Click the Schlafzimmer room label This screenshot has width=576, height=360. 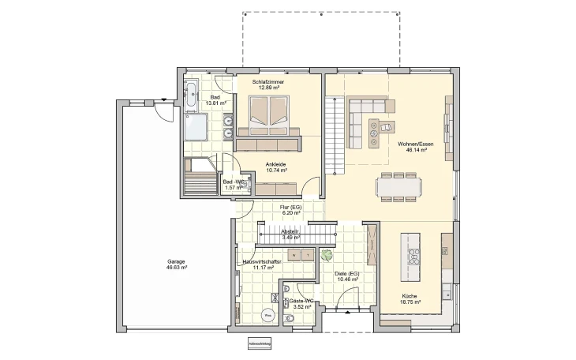(x=268, y=82)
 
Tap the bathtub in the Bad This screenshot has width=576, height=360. (x=193, y=96)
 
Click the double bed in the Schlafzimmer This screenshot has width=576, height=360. (x=269, y=113)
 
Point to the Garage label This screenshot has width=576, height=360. (x=176, y=261)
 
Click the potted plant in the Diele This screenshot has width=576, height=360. (x=325, y=254)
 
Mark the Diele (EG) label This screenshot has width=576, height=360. (x=348, y=273)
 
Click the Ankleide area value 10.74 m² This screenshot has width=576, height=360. (x=275, y=170)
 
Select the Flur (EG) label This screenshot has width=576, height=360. (x=291, y=207)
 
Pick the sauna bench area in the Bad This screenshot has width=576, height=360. (x=197, y=178)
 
